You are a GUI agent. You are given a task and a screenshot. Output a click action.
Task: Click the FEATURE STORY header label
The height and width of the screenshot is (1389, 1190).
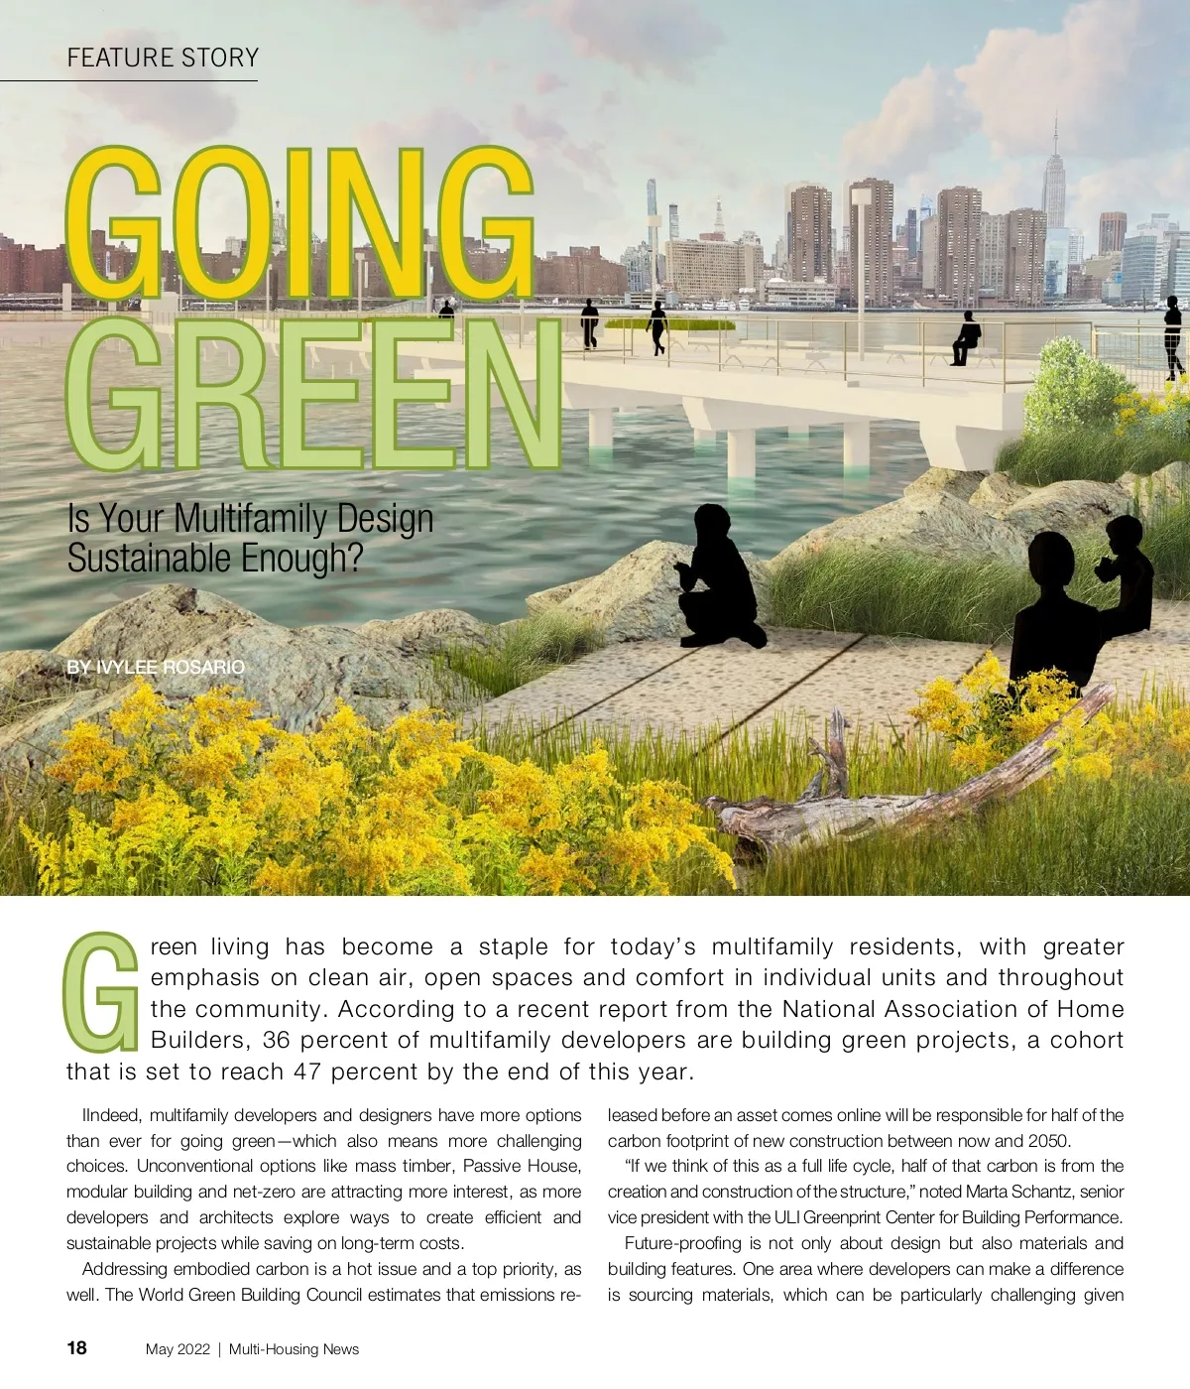[163, 59]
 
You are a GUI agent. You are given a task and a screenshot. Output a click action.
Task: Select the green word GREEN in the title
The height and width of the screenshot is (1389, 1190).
[312, 395]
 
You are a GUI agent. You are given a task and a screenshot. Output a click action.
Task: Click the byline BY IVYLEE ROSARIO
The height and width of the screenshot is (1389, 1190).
[156, 668]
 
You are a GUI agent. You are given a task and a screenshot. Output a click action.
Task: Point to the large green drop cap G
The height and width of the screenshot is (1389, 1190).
[100, 993]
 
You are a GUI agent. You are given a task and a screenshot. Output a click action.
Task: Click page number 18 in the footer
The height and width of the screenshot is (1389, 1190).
[76, 1347]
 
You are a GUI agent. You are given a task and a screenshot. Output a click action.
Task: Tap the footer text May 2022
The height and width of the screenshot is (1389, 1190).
[178, 1349]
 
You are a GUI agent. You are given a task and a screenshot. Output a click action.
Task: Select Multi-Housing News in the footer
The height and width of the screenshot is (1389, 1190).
[294, 1349]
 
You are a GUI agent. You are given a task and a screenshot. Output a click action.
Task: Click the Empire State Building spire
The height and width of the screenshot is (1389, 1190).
[1055, 139]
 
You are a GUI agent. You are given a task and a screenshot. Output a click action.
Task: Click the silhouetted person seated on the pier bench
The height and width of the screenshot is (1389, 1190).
[965, 338]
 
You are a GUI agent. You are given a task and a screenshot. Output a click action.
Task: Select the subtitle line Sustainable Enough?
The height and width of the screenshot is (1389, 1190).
[215, 558]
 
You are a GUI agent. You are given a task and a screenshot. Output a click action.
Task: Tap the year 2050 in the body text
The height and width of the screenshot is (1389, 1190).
[1047, 1141]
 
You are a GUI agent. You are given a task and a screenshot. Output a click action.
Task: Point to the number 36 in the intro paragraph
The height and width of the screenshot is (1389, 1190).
[277, 1041]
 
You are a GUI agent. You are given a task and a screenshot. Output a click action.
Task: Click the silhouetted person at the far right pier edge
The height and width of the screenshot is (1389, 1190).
[1173, 337]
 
